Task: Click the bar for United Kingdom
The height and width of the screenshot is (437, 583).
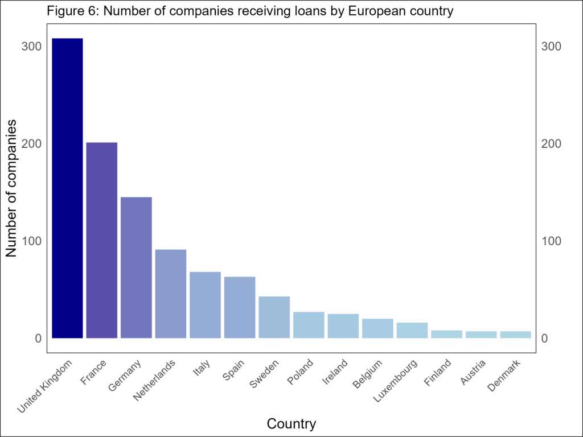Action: [67, 188]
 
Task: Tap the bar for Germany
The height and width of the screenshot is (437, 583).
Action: [136, 267]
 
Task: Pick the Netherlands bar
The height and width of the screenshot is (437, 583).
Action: [171, 294]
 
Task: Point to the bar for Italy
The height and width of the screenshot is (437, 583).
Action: [205, 305]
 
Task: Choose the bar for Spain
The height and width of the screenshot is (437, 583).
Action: [240, 307]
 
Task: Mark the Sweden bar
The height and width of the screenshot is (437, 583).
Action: [274, 318]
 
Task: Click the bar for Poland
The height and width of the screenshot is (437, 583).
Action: [309, 325]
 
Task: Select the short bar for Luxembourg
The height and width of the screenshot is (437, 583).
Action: [412, 331]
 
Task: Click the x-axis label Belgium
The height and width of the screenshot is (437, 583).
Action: [367, 373]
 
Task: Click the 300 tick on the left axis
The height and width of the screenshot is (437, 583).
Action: [31, 46]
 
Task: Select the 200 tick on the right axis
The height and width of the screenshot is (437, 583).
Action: [552, 143]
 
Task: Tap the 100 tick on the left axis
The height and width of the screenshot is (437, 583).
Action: [31, 241]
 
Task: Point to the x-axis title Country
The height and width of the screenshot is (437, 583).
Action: [291, 424]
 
